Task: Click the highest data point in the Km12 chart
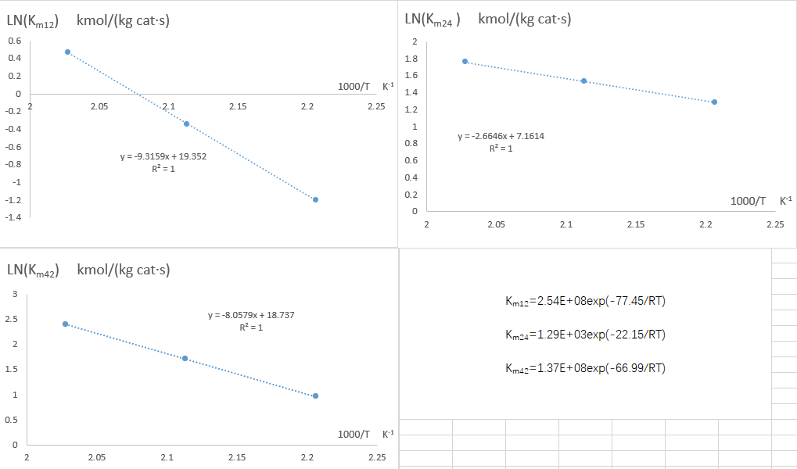coord(67,52)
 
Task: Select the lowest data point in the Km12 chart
coord(315,199)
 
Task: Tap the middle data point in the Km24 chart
coord(583,81)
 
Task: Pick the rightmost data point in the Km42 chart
coord(315,396)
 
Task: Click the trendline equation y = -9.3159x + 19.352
coord(163,156)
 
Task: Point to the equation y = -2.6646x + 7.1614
coord(501,136)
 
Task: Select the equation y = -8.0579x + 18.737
coord(251,315)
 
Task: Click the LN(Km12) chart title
coord(88,20)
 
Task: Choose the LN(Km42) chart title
coord(88,270)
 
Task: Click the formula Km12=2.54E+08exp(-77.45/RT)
coord(586,301)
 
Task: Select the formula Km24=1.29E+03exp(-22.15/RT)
coord(586,335)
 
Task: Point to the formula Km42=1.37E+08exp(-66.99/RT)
coord(586,368)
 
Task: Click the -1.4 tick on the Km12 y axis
coord(13,217)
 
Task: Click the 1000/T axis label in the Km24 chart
coord(748,201)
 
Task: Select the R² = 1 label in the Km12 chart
coord(163,169)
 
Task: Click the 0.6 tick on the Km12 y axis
coord(15,41)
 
